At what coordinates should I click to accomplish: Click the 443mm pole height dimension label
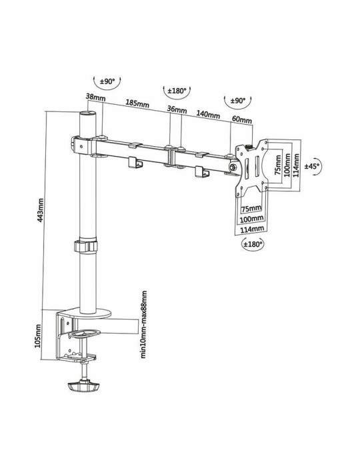[x=40, y=209]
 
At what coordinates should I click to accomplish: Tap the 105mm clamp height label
[x=39, y=336]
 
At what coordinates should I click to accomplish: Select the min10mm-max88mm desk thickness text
[x=143, y=324]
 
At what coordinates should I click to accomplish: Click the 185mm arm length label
[x=137, y=103]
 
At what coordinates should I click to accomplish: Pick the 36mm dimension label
[x=177, y=109]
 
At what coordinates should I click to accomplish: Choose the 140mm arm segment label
[x=208, y=115]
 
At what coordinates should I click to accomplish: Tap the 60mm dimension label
[x=242, y=120]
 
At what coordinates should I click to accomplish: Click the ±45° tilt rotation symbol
[x=312, y=165]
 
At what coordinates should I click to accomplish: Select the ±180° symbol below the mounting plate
[x=254, y=244]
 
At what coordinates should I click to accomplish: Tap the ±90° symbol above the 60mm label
[x=237, y=101]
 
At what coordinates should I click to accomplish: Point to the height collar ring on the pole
[x=86, y=247]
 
